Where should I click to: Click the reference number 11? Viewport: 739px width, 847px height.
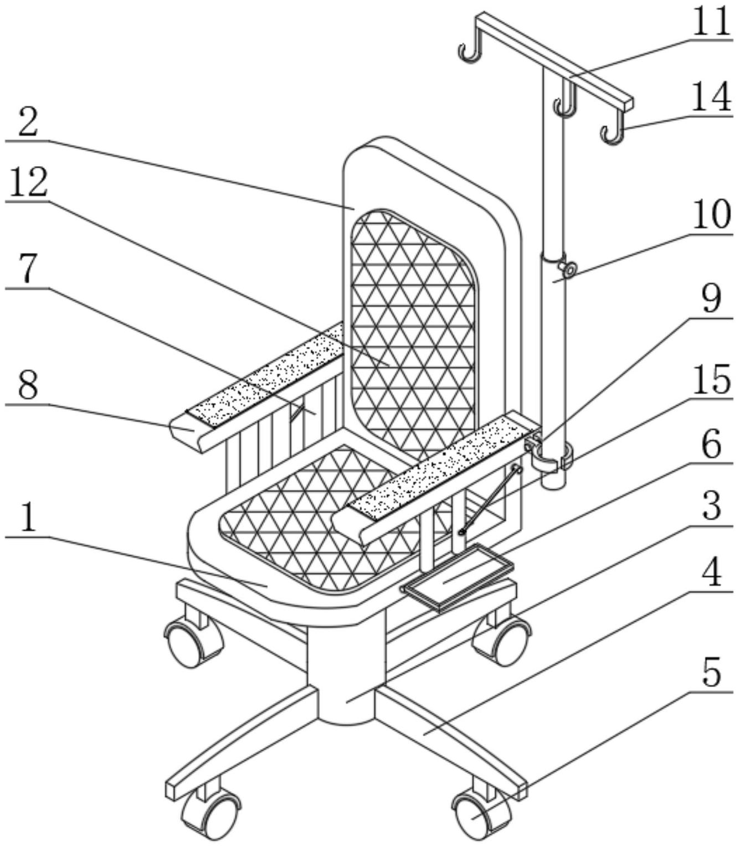(x=711, y=22)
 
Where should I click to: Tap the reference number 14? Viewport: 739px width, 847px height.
(x=711, y=97)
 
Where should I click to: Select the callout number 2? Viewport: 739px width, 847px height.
(x=28, y=122)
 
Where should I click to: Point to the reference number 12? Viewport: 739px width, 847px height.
(x=28, y=182)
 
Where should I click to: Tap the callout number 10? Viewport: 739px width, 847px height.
(x=711, y=214)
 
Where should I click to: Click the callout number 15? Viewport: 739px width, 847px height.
(x=711, y=380)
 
